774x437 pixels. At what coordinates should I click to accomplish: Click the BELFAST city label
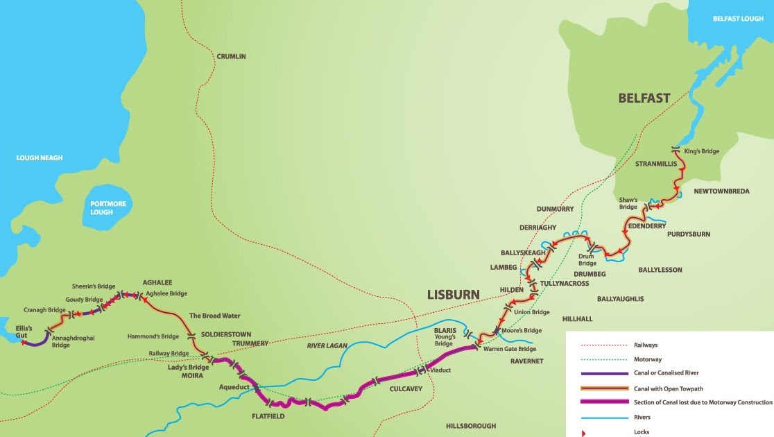[644, 98]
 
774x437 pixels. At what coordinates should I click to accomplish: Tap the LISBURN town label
[453, 294]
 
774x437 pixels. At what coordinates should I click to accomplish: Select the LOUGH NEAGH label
[40, 158]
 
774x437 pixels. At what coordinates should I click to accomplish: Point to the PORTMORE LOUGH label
[101, 207]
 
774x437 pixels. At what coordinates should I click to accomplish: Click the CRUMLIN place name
[231, 57]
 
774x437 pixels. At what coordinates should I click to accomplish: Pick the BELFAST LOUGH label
[738, 19]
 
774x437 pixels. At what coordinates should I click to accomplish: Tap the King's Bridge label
[701, 151]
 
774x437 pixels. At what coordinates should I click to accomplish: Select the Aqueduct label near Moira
[234, 386]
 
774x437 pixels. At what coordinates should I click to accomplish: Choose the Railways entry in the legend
[646, 344]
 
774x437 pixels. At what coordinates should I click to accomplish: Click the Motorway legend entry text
[648, 359]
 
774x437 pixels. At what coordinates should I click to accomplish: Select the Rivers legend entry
[642, 418]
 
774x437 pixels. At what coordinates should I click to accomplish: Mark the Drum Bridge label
[587, 259]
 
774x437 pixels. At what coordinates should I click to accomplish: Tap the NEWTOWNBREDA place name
[722, 191]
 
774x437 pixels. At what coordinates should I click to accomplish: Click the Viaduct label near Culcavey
[440, 370]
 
